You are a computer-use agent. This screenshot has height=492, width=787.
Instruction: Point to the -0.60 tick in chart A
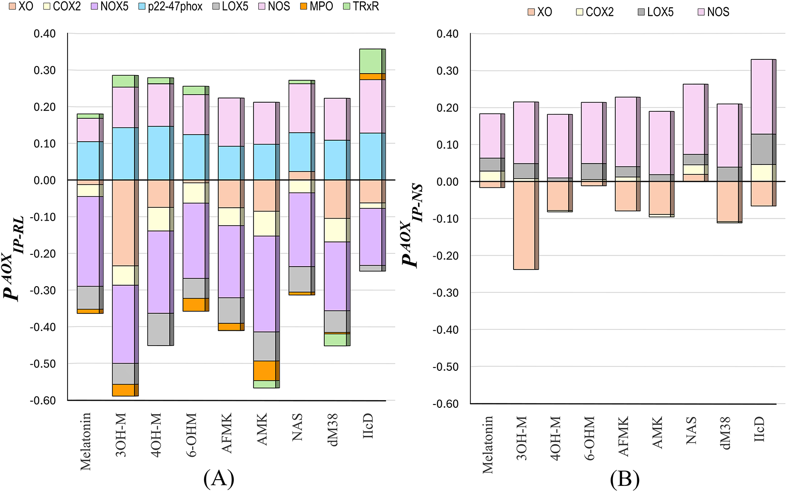click(43, 400)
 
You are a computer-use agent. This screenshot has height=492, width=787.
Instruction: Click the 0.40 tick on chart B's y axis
click(447, 34)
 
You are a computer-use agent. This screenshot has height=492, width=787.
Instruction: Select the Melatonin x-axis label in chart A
click(86, 442)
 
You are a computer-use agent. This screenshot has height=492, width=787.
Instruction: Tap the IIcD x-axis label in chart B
click(759, 429)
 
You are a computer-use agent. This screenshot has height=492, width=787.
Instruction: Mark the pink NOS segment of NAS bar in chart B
click(694, 119)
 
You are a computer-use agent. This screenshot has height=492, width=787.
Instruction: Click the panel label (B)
click(625, 480)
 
